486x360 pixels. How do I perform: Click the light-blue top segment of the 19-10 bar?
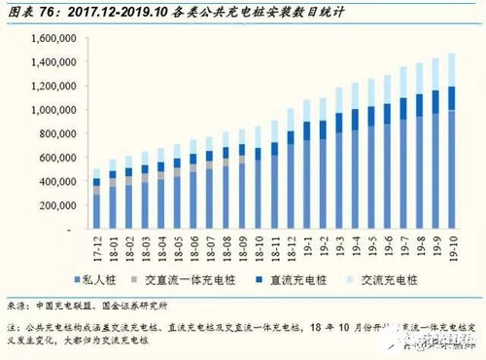451,70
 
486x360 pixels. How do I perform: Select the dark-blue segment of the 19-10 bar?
451,98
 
